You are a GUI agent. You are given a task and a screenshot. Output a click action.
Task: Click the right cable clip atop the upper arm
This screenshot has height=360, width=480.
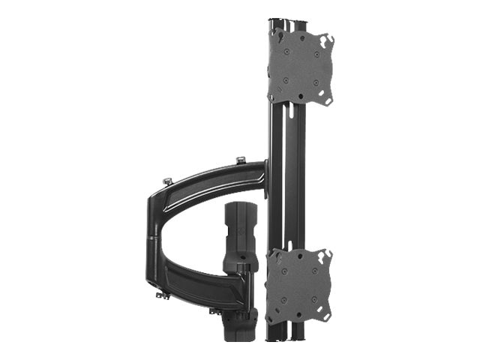click(x=240, y=160)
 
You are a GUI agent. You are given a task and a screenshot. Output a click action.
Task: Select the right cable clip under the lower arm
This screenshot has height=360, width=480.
click(x=215, y=310)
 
